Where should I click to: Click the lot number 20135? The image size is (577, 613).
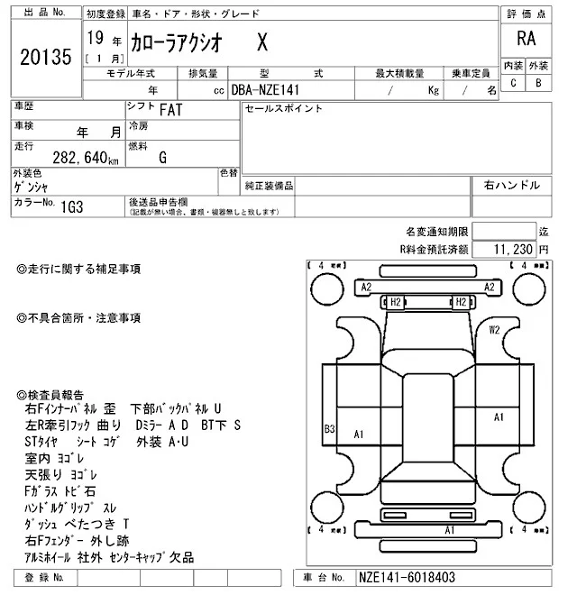coord(44,59)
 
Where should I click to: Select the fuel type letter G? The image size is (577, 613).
coord(162,158)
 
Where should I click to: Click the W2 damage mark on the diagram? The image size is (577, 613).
coord(495,330)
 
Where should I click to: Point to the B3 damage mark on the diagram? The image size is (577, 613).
coord(330,429)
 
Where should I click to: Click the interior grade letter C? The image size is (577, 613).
coord(513,83)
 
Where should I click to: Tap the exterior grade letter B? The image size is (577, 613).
coord(538,83)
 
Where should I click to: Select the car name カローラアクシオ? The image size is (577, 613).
coord(172,41)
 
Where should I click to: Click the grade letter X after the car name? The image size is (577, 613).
coord(261,41)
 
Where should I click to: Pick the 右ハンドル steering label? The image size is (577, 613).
coord(511,185)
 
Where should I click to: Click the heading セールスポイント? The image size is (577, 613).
coord(283,109)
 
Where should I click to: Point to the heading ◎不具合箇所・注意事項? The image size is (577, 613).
coord(78,317)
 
